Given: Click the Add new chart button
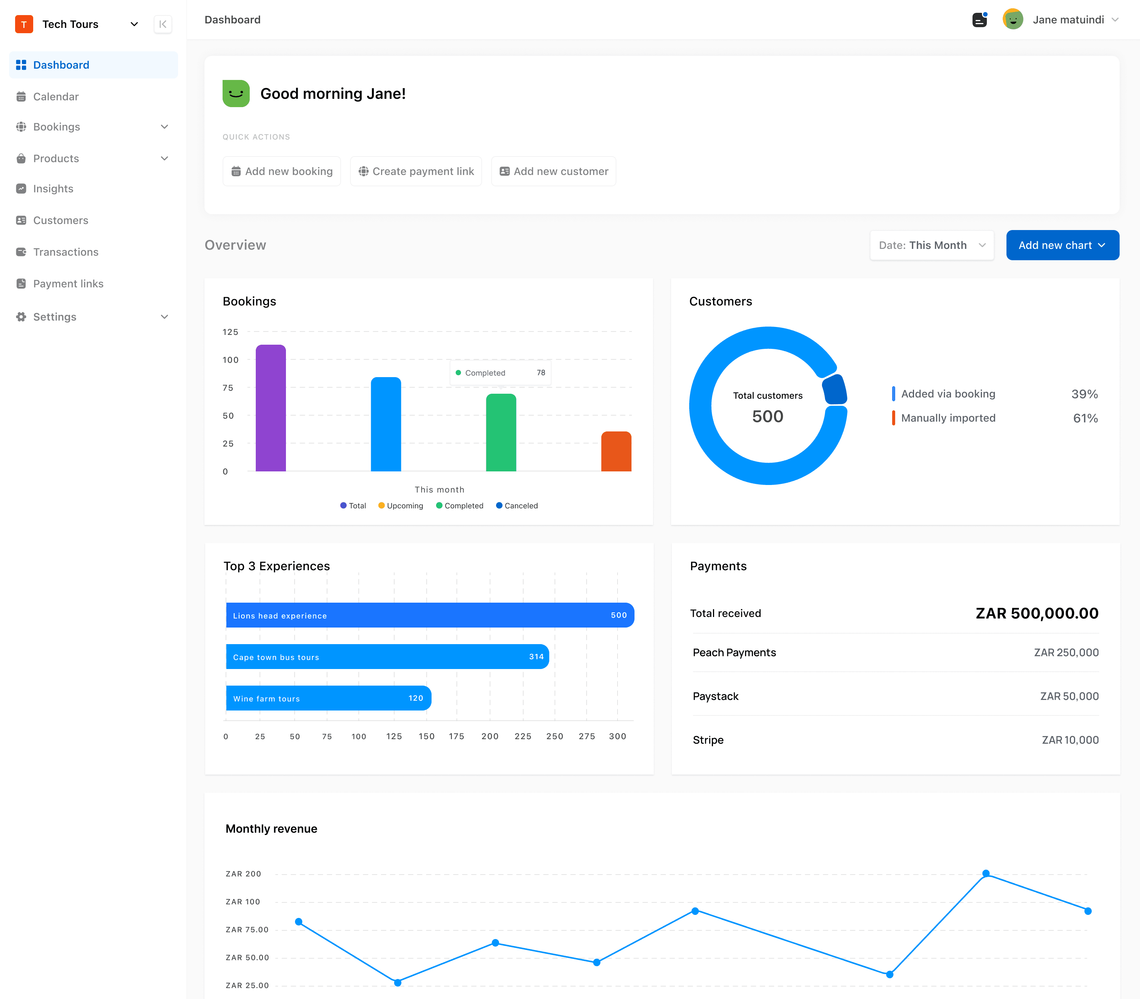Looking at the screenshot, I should (x=1062, y=245).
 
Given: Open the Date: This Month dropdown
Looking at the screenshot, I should (x=931, y=245).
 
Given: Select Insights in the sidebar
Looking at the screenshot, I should (x=53, y=189).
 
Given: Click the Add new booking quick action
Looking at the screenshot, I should (x=282, y=172).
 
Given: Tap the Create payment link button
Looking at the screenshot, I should (x=416, y=172).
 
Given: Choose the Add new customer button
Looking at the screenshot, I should (x=553, y=172).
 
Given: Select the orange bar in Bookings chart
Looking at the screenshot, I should (x=616, y=451).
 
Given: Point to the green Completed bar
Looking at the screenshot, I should (x=501, y=433).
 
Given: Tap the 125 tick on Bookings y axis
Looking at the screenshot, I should (x=230, y=332).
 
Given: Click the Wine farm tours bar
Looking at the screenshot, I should (x=328, y=698).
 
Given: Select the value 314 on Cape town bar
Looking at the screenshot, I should (x=536, y=657).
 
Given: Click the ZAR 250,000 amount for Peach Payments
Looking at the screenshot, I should (x=1066, y=653).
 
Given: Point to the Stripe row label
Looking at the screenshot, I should (x=708, y=740).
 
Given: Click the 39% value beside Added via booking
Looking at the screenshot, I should (x=1084, y=394).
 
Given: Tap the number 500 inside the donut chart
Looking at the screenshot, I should (x=767, y=416).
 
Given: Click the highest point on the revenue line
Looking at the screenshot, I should (x=985, y=873).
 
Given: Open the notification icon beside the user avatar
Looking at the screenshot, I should (x=979, y=20).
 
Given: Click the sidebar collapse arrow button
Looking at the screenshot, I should (x=163, y=25).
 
